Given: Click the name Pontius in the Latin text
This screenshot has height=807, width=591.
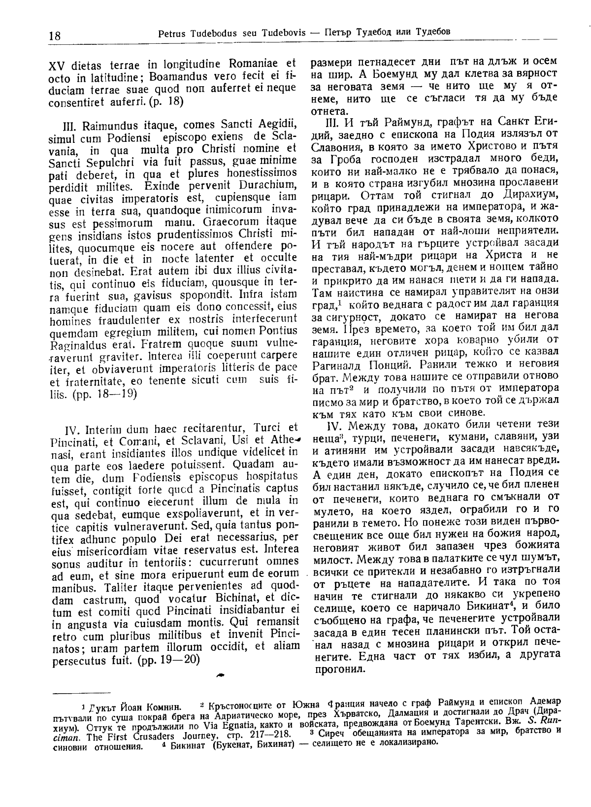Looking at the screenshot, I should coord(279,330).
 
